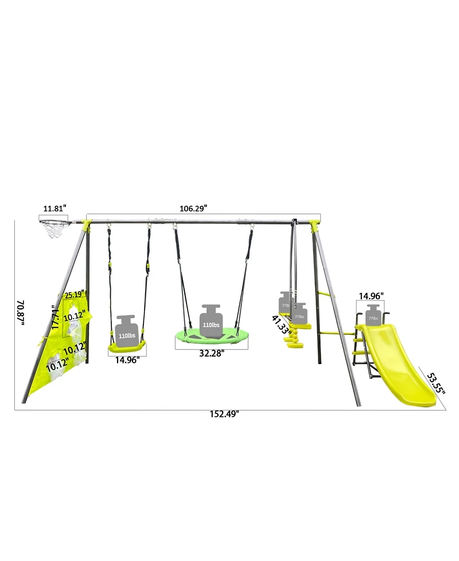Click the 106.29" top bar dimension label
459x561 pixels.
coord(193,208)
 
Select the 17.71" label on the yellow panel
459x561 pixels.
coord(56,316)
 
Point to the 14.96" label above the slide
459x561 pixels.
coord(371,296)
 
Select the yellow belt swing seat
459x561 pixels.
coord(127,345)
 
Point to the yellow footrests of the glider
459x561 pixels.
coord(294,339)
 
